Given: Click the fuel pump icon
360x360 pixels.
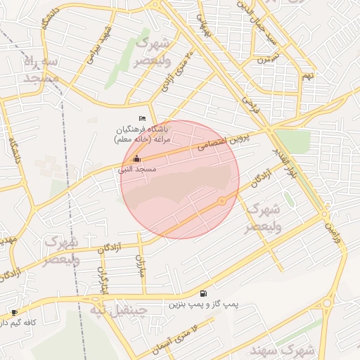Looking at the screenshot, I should tap(203, 293).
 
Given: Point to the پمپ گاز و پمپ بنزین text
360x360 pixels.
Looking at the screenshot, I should tap(203, 305).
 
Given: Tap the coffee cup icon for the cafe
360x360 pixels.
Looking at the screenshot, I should tap(14, 312).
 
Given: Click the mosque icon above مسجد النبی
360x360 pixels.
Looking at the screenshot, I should tap(136, 158).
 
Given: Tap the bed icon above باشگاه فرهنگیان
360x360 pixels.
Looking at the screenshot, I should tap(143, 117).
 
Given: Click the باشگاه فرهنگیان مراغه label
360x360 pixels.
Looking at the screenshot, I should tap(143, 134).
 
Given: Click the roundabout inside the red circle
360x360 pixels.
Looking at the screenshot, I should tap(222, 202).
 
